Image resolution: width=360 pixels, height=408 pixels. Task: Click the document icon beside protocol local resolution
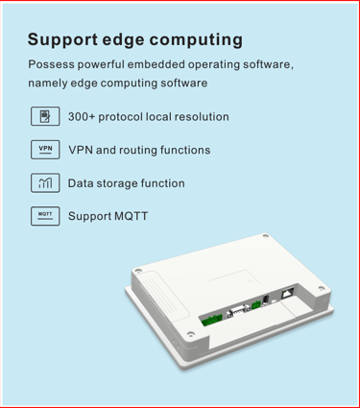pos(45,116)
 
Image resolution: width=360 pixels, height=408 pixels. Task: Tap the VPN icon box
pos(45,150)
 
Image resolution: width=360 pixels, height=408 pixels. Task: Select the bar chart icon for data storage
pos(45,182)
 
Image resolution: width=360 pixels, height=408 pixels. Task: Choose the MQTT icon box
pos(45,216)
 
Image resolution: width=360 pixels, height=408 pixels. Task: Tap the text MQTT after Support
pos(132,216)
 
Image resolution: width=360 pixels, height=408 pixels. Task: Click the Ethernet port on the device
pos(288,293)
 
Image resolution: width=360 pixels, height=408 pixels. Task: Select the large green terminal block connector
pos(212,320)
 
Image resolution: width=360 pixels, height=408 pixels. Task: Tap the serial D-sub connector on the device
pos(238,311)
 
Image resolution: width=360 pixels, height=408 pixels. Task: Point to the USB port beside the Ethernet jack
pos(265,300)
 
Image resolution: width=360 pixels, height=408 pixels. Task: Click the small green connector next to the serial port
pos(256,305)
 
